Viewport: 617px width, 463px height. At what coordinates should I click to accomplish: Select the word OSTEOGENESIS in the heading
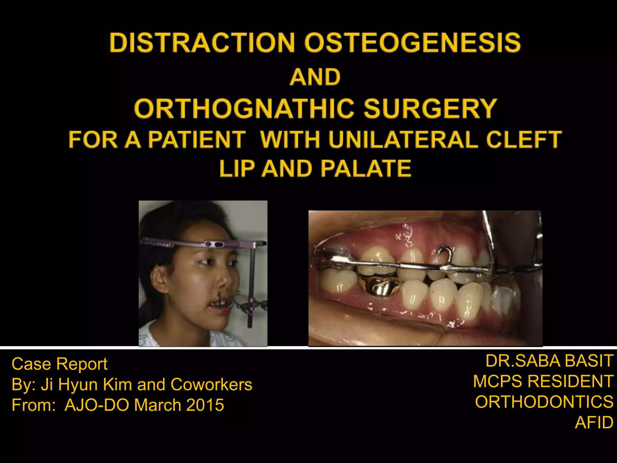[x=412, y=43]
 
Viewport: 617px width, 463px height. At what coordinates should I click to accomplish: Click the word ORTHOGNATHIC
[x=244, y=109]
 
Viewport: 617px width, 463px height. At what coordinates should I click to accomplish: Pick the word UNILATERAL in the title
[x=404, y=140]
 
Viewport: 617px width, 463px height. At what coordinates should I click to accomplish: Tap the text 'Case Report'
[x=59, y=364]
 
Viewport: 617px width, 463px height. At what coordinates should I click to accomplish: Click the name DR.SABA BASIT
[x=549, y=361]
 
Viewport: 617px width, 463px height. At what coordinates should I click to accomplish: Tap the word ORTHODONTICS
[x=544, y=402]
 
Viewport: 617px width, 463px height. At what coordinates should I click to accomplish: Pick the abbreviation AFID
[x=594, y=422]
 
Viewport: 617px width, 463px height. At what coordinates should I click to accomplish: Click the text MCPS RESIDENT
[x=543, y=381]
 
